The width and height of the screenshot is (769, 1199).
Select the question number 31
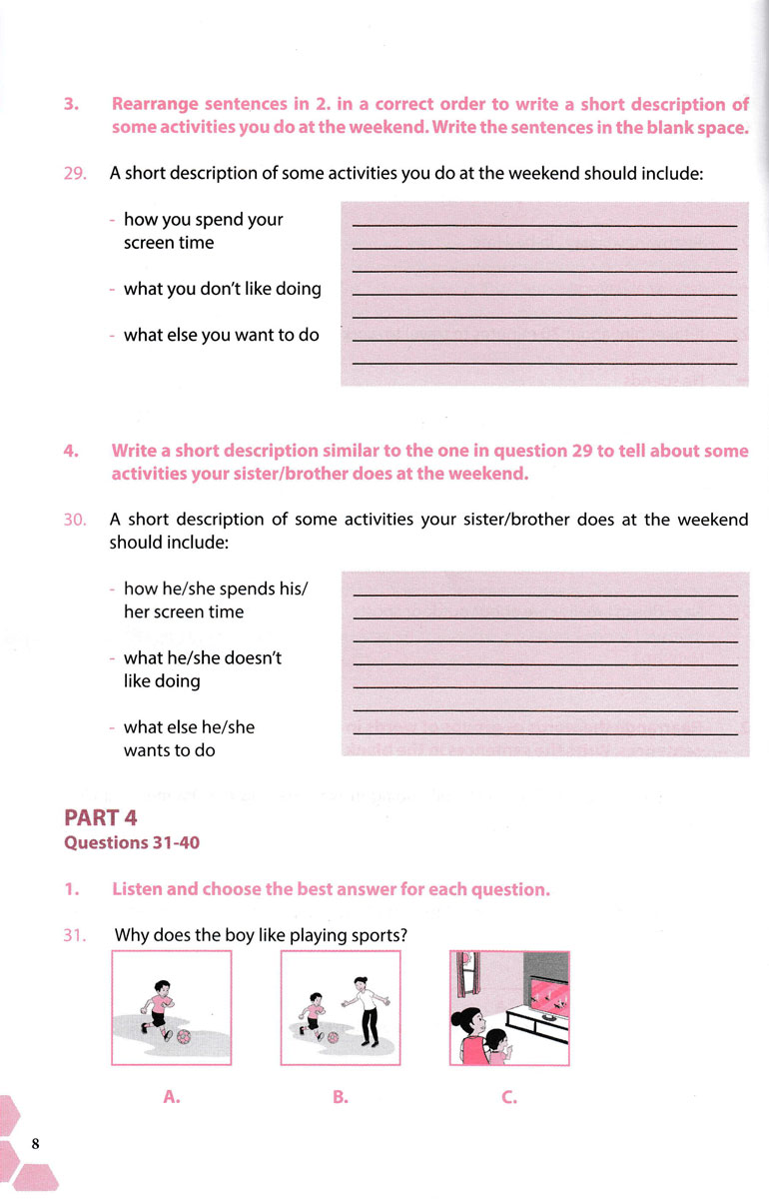75,936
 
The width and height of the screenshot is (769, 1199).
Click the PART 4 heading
101,817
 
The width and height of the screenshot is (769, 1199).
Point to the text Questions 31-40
132,842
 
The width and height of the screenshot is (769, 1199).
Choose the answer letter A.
171,1097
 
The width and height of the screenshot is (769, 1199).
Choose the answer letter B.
340,1097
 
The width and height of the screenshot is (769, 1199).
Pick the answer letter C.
509,1097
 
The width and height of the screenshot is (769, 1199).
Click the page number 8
36,1144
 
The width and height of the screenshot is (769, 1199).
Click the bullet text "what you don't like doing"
222,290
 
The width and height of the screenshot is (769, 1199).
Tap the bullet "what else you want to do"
221,336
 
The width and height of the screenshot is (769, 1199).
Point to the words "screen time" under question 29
168,243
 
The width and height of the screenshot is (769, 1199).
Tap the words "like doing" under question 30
162,681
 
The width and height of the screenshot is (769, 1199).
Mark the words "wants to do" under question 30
169,750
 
